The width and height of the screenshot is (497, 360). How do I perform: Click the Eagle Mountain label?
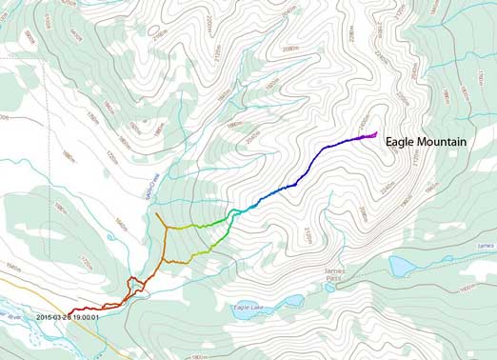[x=426, y=142]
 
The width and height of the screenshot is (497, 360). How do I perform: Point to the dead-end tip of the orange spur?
[x=157, y=213]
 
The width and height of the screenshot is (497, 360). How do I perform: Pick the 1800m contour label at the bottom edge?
[x=198, y=356]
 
